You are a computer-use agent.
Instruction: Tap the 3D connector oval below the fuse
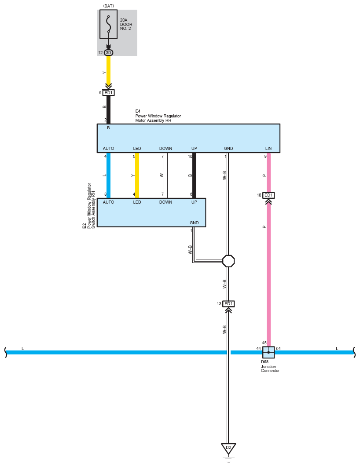108,53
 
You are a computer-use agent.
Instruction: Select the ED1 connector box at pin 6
108,93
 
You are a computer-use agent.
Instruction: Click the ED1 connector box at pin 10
268,195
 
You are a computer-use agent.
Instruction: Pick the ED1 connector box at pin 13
228,304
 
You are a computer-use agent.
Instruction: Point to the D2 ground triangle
228,449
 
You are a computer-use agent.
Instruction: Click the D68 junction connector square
268,352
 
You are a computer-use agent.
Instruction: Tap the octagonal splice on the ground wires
228,261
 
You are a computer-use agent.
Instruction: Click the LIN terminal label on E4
268,149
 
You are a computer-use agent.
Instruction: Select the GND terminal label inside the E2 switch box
194,223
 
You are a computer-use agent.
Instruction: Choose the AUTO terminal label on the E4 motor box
108,149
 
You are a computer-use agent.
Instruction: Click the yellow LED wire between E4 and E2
137,175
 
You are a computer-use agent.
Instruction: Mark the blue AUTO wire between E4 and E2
108,175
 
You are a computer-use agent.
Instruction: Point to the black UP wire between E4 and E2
194,175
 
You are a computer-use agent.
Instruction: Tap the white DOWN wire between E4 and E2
165,175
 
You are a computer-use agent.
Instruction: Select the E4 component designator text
138,111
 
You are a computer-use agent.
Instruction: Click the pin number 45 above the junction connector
264,343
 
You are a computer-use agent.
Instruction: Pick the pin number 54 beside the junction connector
278,348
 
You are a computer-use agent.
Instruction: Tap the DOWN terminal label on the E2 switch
165,202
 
